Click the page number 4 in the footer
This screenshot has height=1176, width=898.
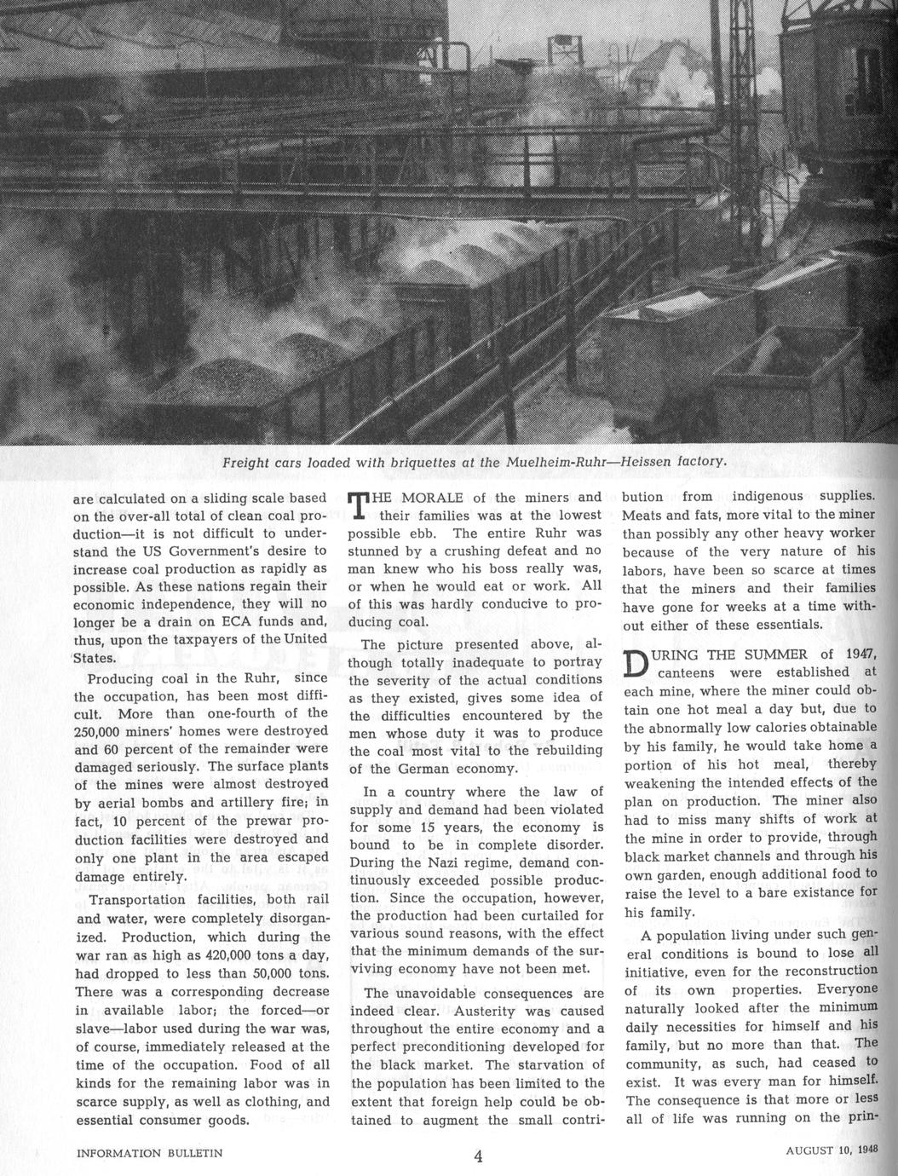pos(478,1156)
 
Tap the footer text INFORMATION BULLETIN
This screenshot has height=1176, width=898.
pos(150,1153)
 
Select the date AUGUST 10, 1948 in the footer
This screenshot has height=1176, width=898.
pos(832,1148)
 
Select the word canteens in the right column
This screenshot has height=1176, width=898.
pos(681,673)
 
